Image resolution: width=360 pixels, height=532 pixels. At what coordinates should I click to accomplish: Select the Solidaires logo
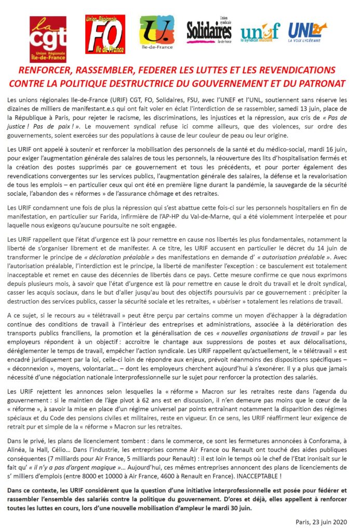pyautogui.click(x=209, y=32)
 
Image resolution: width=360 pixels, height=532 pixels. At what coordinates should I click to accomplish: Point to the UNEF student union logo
pyautogui.click(x=260, y=33)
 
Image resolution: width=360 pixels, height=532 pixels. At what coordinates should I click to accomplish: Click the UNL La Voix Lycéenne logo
pyautogui.click(x=308, y=32)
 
